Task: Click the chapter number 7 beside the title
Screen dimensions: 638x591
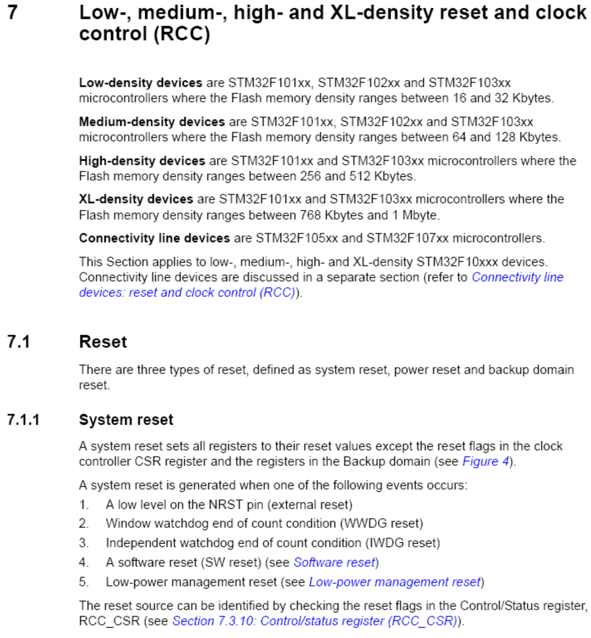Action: [x=13, y=12]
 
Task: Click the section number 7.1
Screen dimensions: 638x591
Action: [x=19, y=342]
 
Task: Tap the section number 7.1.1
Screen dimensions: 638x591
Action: [x=24, y=420]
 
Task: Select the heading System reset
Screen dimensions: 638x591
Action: [x=126, y=420]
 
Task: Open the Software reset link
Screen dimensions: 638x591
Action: [x=334, y=562]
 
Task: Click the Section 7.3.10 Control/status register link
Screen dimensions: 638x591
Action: [x=315, y=621]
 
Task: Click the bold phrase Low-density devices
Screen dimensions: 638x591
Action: [x=140, y=83]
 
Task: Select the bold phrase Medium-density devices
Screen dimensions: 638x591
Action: [x=151, y=122]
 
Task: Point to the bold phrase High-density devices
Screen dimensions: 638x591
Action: [x=142, y=161]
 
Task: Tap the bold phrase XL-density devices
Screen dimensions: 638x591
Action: [x=136, y=199]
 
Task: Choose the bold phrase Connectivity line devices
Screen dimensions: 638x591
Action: [x=154, y=238]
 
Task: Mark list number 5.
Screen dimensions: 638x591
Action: [x=84, y=582]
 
